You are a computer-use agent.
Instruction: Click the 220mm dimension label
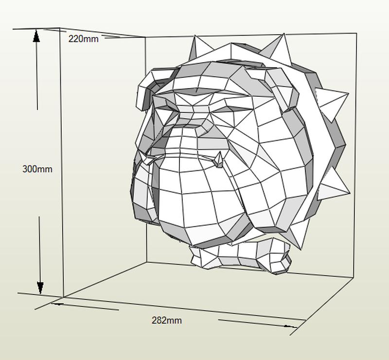pyautogui.click(x=83, y=39)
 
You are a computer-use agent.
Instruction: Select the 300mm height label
pyautogui.click(x=37, y=169)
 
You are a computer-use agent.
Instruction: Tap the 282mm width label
pyautogui.click(x=166, y=321)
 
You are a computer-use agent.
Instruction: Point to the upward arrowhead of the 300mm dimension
pyautogui.click(x=36, y=36)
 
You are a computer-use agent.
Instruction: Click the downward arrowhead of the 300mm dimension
pyautogui.click(x=40, y=288)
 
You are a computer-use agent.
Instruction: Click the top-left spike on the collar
pyautogui.click(x=198, y=46)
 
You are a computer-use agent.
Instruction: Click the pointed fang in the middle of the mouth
pyautogui.click(x=219, y=159)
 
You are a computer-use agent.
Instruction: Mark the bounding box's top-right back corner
pyautogui.click(x=356, y=34)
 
